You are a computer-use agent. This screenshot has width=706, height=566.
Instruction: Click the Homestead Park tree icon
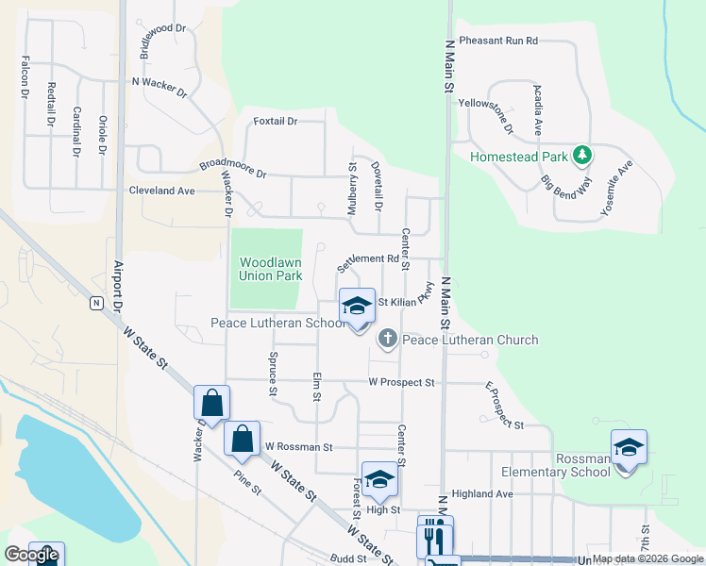pyautogui.click(x=583, y=155)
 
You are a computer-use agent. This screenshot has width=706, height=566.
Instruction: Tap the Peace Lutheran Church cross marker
pyautogui.click(x=387, y=340)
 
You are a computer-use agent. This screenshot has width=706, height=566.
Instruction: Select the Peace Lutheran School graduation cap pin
pyautogui.click(x=357, y=307)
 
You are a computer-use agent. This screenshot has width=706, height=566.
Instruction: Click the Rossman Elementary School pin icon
pyautogui.click(x=629, y=447)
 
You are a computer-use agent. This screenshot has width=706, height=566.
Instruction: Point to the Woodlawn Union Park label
pyautogui.click(x=270, y=270)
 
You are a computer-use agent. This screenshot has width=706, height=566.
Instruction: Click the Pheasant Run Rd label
pyautogui.click(x=498, y=42)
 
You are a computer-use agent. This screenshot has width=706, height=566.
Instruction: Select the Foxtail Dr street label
pyautogui.click(x=276, y=122)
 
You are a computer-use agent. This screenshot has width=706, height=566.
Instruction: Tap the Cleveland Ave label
pyautogui.click(x=161, y=191)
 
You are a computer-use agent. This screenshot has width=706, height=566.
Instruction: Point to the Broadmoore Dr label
pyautogui.click(x=233, y=170)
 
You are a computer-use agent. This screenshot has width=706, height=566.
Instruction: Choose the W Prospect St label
pyautogui.click(x=401, y=383)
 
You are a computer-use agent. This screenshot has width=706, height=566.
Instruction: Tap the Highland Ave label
pyautogui.click(x=482, y=493)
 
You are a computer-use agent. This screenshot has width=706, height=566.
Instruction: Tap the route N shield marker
pyautogui.click(x=96, y=303)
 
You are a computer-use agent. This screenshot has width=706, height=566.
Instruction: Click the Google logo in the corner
pyautogui.click(x=31, y=555)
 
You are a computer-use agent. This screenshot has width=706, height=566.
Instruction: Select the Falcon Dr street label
pyautogui.click(x=25, y=78)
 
